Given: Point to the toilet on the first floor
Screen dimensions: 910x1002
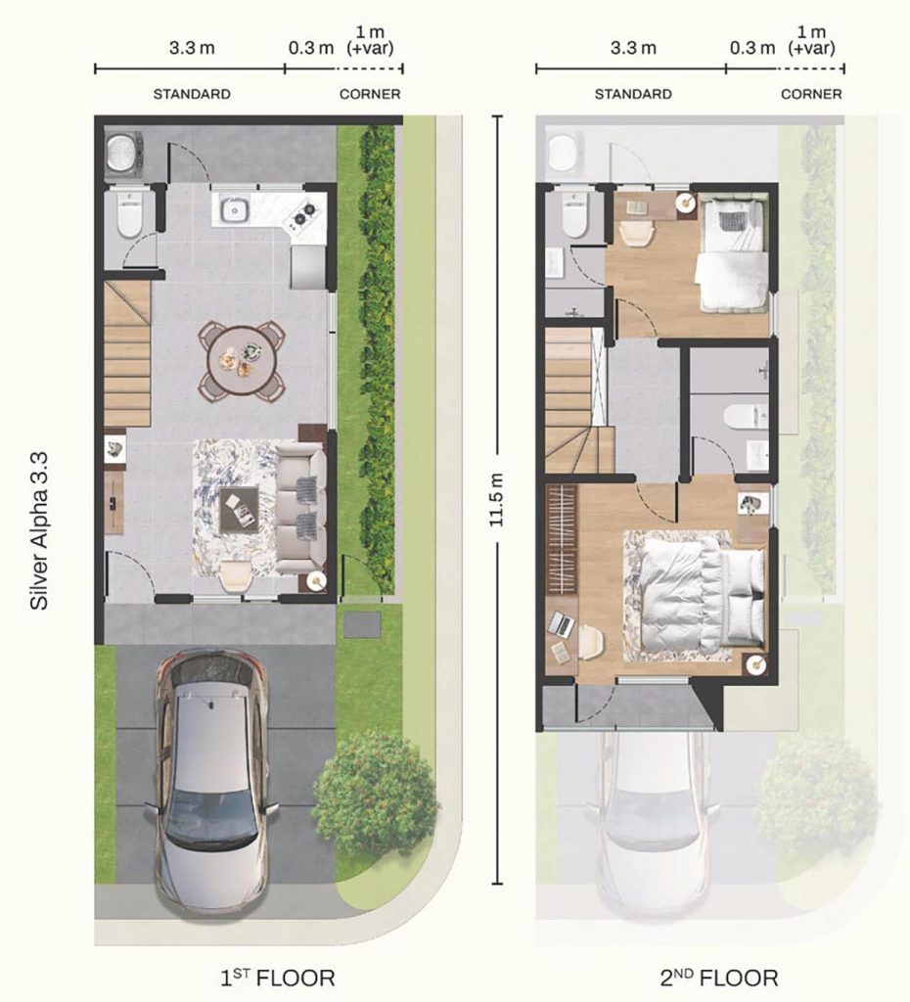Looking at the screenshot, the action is pos(129,214).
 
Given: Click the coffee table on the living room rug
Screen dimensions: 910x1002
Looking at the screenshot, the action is pos(239,509).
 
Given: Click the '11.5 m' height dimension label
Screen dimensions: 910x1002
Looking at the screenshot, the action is pos(496,499).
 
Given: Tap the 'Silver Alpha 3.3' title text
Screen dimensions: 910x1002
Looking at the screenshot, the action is pos(39,530).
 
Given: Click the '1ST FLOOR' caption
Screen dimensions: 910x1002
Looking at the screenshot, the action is pos(277,978).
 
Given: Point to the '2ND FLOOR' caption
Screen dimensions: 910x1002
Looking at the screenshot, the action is pos(719,978).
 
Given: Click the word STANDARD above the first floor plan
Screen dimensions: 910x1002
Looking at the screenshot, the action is pos(192,94).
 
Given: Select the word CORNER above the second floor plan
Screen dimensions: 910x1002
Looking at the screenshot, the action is pos(811,94).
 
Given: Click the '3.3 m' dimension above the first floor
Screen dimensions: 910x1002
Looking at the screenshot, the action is pos(192,48).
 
